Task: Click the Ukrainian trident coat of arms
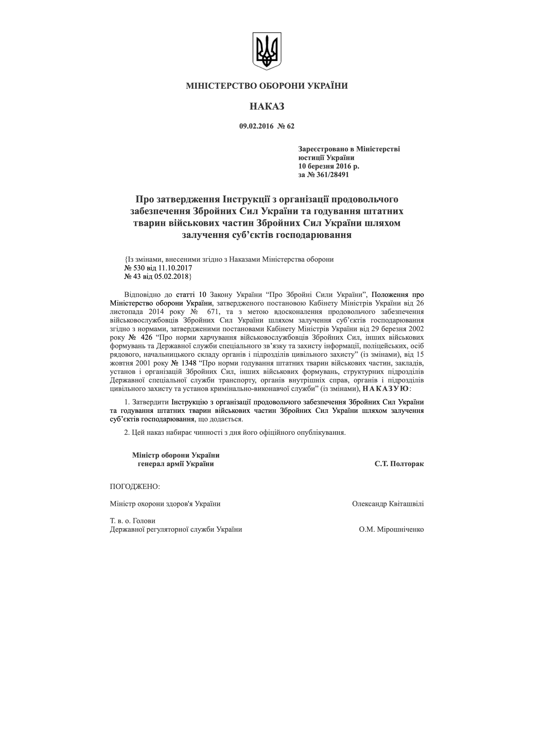point(267,51)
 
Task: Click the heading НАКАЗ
point(267,107)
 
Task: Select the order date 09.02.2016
point(256,126)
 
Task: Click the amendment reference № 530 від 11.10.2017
point(158,268)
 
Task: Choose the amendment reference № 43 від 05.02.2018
point(157,277)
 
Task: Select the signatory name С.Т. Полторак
point(399,464)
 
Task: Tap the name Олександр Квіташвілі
point(388,504)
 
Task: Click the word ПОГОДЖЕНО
point(135,487)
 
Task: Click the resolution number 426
point(146,338)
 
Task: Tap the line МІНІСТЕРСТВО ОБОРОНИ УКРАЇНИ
point(267,86)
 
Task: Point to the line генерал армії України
point(176,464)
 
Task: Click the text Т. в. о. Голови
point(133,521)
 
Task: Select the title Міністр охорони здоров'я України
point(165,504)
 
